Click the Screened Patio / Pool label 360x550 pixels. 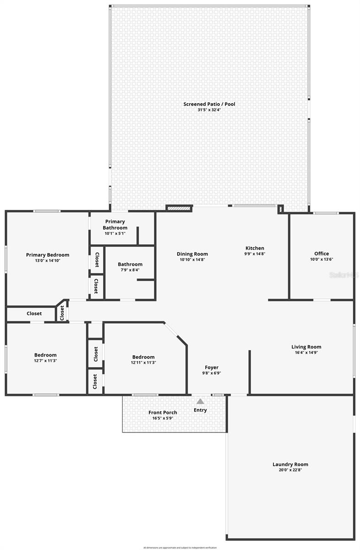pyautogui.click(x=209, y=104)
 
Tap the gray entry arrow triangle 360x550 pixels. pyautogui.click(x=200, y=401)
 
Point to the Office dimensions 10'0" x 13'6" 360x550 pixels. pyautogui.click(x=322, y=259)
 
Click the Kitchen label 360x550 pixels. pyautogui.click(x=255, y=248)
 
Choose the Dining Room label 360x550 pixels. pyautogui.click(x=192, y=254)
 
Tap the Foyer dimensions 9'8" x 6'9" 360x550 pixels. pyautogui.click(x=212, y=373)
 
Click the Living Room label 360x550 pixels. pyautogui.click(x=306, y=347)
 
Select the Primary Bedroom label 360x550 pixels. pyautogui.click(x=48, y=255)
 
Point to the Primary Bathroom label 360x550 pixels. pyautogui.click(x=115, y=225)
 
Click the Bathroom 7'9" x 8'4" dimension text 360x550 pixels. pyautogui.click(x=130, y=270)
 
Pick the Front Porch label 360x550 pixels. pyautogui.click(x=163, y=412)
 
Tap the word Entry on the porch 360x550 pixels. pyautogui.click(x=200, y=410)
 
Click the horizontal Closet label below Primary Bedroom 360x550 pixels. pyautogui.click(x=34, y=313)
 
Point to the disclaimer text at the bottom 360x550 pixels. pyautogui.click(x=180, y=547)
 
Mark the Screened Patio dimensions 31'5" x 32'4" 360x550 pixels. pyautogui.click(x=209, y=110)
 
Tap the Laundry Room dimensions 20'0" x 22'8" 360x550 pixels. pyautogui.click(x=290, y=470)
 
